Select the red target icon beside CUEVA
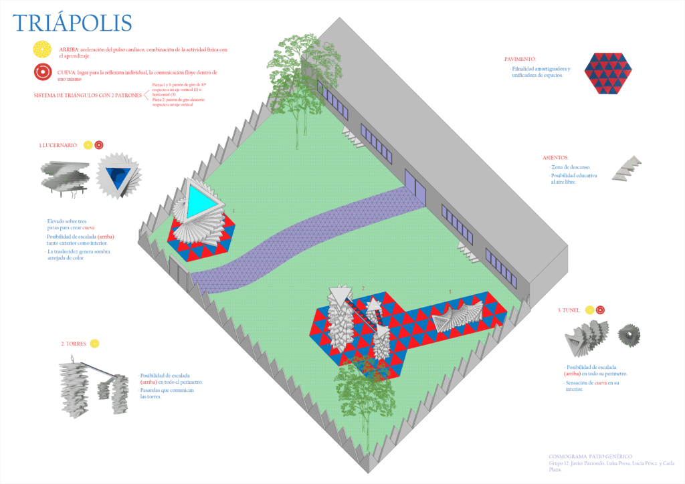(x=41, y=72)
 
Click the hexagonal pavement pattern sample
(x=607, y=72)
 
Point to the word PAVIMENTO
(x=520, y=59)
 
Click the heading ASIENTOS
(x=558, y=158)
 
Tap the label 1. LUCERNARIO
(x=58, y=145)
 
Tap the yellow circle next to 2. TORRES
(x=94, y=344)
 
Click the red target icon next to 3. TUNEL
(x=600, y=310)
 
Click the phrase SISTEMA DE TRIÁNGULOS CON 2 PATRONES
(x=88, y=96)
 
